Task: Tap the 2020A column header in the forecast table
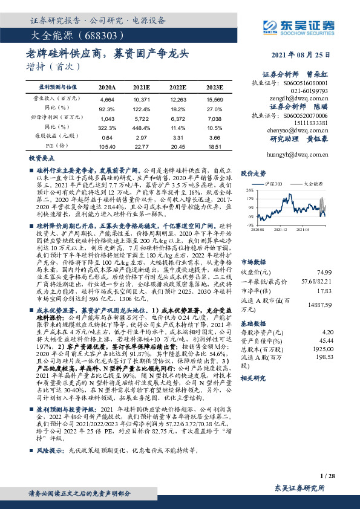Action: click(x=107, y=88)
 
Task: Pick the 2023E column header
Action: click(x=215, y=88)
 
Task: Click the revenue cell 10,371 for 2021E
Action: click(x=142, y=98)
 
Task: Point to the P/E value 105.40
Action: click(x=106, y=146)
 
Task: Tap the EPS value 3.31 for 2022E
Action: click(x=178, y=137)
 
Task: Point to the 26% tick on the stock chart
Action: click(x=249, y=189)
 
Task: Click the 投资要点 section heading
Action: click(x=41, y=157)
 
